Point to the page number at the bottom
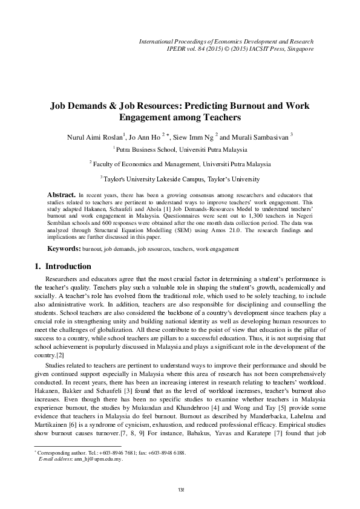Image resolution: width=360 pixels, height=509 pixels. point(180,488)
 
